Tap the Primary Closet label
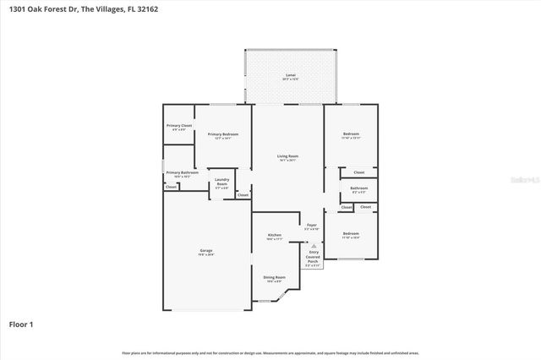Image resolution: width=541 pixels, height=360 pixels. pyautogui.click(x=179, y=126)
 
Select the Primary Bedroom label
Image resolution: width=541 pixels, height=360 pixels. pyautogui.click(x=223, y=134)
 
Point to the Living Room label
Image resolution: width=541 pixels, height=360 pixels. pyautogui.click(x=288, y=156)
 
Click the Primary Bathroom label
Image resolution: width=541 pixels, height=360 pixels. pyautogui.click(x=182, y=172)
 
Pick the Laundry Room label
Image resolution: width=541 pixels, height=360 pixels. pyautogui.click(x=222, y=180)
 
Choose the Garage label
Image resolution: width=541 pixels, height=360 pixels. pyautogui.click(x=205, y=251)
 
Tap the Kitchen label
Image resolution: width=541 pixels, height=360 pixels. pyautogui.click(x=275, y=235)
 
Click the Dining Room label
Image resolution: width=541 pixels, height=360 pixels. pyautogui.click(x=275, y=277)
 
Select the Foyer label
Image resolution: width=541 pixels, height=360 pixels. pyautogui.click(x=311, y=226)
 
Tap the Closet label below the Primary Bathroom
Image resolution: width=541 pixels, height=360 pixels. pyautogui.click(x=171, y=187)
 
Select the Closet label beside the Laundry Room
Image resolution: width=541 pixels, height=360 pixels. pyautogui.click(x=243, y=195)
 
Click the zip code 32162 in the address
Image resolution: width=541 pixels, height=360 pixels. pyautogui.click(x=145, y=9)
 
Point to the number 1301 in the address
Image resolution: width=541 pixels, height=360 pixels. pyautogui.click(x=19, y=9)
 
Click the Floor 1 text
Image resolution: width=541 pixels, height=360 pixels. pyautogui.click(x=20, y=323)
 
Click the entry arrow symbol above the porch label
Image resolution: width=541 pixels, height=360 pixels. pyautogui.click(x=313, y=245)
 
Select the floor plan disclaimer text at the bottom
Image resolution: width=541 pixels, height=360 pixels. pyautogui.click(x=270, y=352)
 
